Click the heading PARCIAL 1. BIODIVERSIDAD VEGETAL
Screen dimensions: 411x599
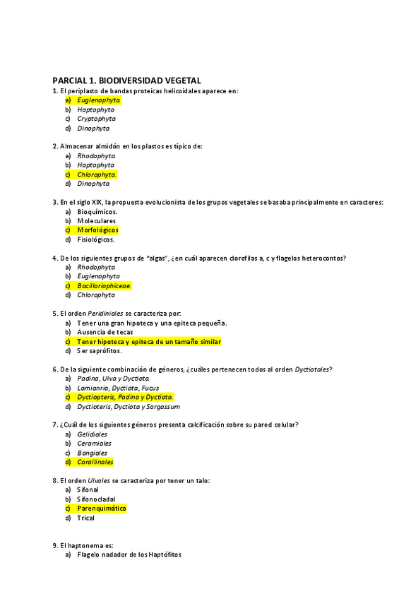point(127,81)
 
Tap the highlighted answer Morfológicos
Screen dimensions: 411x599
point(98,230)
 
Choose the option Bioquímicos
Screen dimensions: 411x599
point(97,211)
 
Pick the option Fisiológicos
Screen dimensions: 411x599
point(96,239)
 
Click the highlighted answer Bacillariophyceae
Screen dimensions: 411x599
point(105,286)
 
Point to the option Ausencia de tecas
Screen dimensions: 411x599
point(105,332)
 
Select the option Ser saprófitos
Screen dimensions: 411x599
point(100,350)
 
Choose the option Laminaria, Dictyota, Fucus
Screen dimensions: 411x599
point(118,388)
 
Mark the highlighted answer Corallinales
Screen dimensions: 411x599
point(95,462)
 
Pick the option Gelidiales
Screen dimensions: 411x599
point(93,434)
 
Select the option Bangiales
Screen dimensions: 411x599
point(93,453)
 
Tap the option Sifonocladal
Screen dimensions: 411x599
point(96,499)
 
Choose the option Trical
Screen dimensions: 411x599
point(85,518)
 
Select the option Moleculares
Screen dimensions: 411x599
point(97,221)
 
